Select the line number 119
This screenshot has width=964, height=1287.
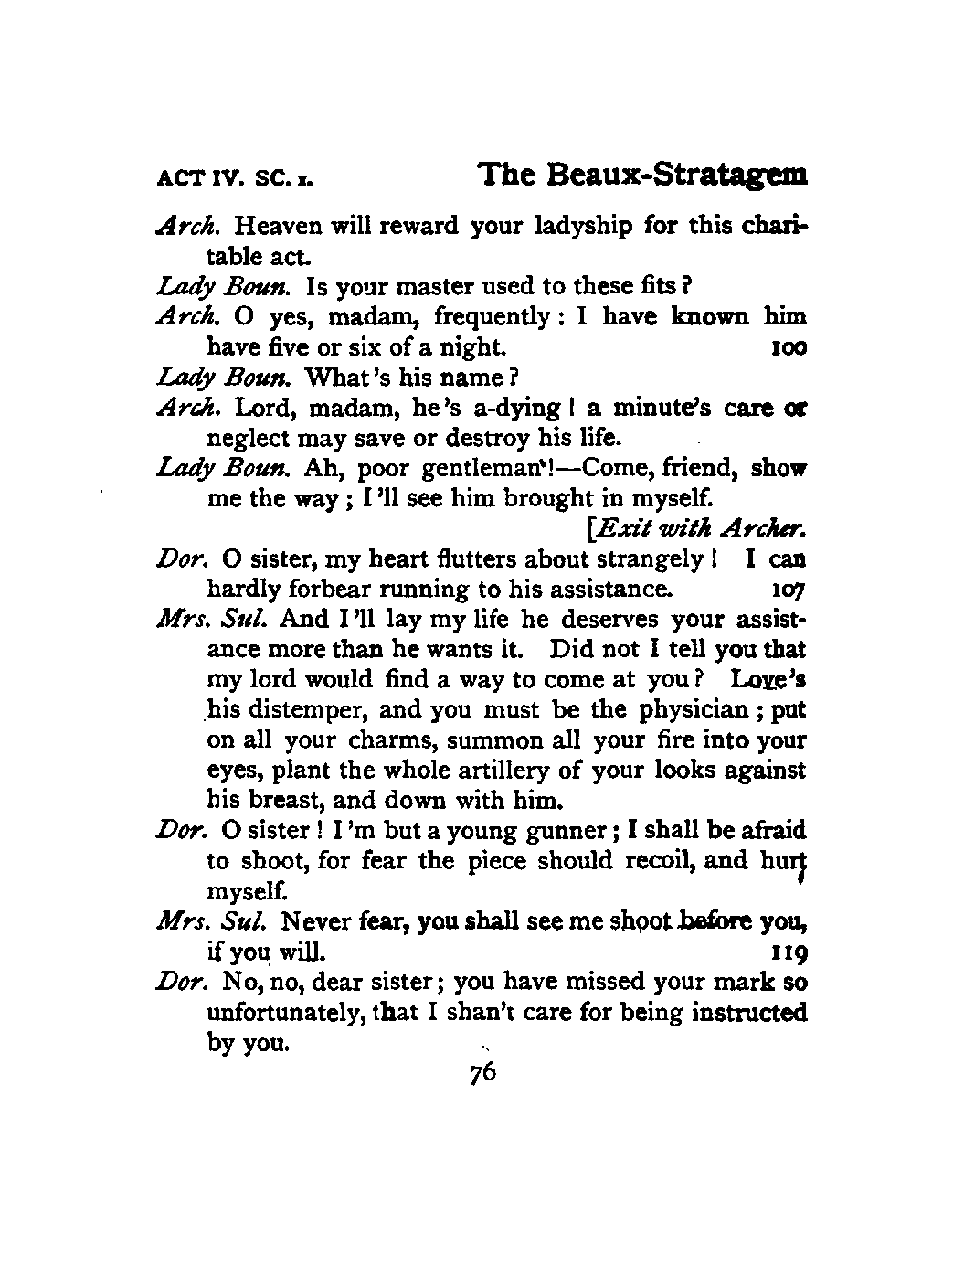point(789,953)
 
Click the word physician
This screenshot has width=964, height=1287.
point(701,709)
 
